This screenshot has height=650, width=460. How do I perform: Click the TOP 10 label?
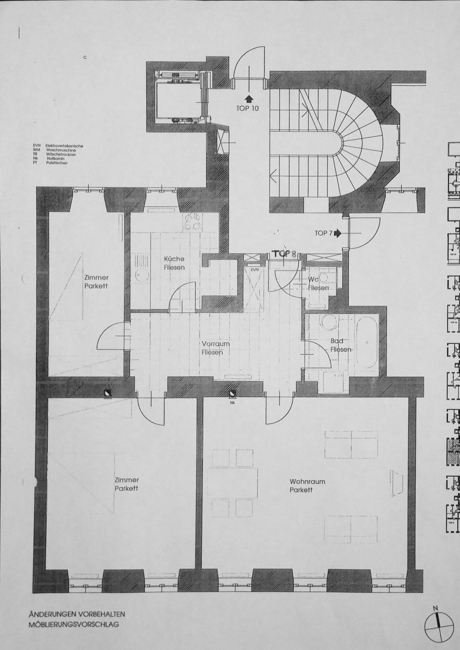click(x=247, y=109)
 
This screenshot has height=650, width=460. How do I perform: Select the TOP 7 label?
click(x=323, y=233)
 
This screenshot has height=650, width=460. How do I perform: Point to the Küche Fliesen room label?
click(x=174, y=263)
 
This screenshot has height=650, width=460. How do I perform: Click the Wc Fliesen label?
click(x=318, y=284)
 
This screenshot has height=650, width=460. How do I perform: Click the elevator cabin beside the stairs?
click(x=179, y=101)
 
